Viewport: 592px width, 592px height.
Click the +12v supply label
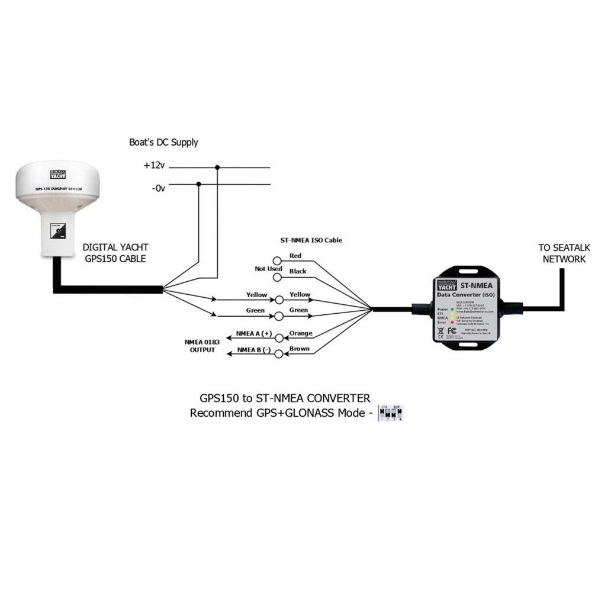tap(154, 167)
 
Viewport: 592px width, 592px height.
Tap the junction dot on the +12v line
tap(217, 167)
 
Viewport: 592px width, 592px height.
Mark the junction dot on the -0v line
tap(198, 184)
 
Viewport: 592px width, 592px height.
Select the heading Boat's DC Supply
tap(163, 143)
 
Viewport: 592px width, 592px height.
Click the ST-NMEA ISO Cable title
tap(311, 240)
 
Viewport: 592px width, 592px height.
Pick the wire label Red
tap(295, 256)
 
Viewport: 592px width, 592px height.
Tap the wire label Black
tap(297, 271)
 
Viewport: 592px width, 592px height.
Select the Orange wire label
tap(300, 333)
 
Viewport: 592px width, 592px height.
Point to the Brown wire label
tap(299, 349)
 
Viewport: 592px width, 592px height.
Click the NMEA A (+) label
tap(253, 333)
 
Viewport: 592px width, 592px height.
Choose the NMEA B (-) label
tap(253, 350)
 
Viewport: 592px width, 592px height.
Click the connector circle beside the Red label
tap(277, 260)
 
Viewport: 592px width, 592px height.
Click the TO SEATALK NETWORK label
tap(562, 253)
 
